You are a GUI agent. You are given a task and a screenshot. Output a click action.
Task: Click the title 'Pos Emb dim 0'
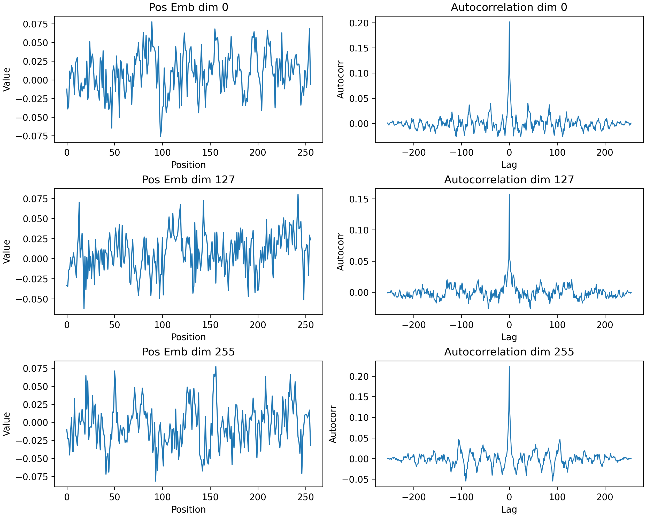tap(188, 7)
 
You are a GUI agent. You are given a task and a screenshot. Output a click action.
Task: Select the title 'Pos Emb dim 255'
tap(188, 352)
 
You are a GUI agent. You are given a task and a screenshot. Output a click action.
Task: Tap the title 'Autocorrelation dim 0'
tap(509, 7)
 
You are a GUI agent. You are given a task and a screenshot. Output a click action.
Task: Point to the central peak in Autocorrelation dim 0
tap(509, 22)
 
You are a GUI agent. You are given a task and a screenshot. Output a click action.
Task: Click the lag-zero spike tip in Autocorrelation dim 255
tap(509, 367)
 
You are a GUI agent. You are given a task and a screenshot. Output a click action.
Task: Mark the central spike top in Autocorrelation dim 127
tap(509, 194)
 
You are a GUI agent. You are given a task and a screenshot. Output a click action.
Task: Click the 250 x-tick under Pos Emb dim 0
tap(305, 153)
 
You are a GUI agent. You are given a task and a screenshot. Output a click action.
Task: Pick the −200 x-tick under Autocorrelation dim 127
tap(413, 325)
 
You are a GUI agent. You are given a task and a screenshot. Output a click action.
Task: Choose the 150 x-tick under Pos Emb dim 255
tap(210, 497)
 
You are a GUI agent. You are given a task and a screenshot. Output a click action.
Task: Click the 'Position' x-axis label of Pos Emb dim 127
tap(188, 337)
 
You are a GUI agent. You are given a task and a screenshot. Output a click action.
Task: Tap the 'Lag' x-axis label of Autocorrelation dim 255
tap(509, 510)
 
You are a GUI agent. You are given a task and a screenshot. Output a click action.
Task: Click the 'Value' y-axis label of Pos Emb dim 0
tap(7, 79)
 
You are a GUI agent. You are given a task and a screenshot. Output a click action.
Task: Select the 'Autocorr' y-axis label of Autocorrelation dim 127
tap(340, 252)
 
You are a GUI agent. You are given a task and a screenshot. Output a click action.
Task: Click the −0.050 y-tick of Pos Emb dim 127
tap(32, 299)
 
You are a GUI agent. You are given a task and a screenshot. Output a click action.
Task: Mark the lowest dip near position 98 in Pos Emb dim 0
tap(160, 136)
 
